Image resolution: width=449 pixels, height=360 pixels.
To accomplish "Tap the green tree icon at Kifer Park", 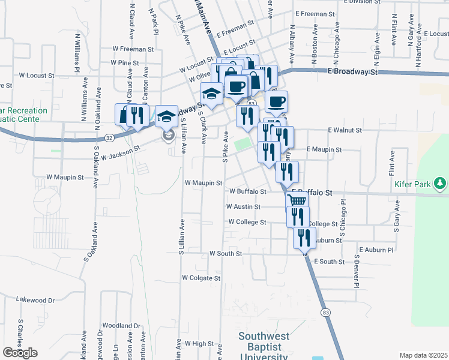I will pos(441,183).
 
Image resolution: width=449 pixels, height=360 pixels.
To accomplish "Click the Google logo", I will pos(20,353).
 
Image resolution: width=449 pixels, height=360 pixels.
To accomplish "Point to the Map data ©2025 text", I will pos(423,355).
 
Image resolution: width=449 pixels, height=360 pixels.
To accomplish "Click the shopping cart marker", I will pos(296,201).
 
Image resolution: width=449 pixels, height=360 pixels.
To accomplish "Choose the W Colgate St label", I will pos(201,278).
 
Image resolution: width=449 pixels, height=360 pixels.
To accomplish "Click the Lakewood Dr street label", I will pos(35,299).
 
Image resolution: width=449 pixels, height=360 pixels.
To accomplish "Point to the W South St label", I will pos(226,254).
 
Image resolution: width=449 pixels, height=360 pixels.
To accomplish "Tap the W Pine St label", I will pos(125,62).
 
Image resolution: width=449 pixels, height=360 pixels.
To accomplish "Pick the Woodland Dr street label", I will pos(121,326).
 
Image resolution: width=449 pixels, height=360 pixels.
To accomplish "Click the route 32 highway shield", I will pos(109,137).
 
